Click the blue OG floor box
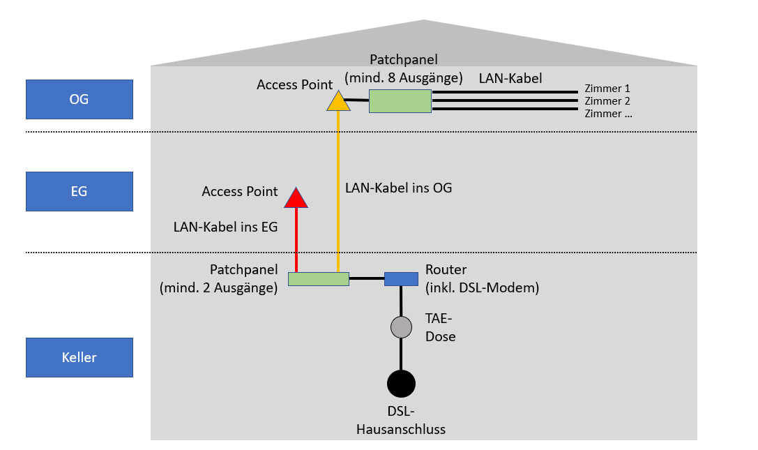[x=79, y=99]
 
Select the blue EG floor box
[x=79, y=191]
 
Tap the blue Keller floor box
[x=79, y=357]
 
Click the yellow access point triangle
[x=338, y=103]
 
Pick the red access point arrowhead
[x=296, y=199]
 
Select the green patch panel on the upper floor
[x=400, y=101]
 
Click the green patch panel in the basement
[x=318, y=279]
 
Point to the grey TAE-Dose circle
[x=401, y=327]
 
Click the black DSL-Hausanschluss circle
[x=401, y=383]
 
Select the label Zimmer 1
[x=607, y=89]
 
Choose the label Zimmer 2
[x=607, y=101]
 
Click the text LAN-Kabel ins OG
[x=398, y=188]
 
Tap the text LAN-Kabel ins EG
[x=226, y=227]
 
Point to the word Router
[x=446, y=270]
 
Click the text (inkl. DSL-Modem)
[x=482, y=287]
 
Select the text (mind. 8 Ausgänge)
[x=404, y=77]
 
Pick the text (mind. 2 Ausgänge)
[x=219, y=287]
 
